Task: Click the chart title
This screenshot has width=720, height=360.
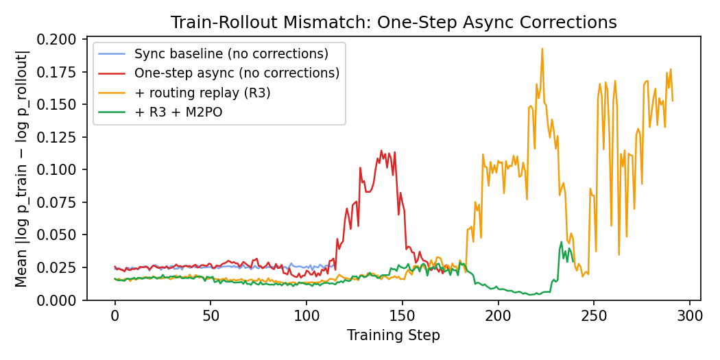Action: (x=394, y=23)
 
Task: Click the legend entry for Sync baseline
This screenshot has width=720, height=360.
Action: (x=230, y=53)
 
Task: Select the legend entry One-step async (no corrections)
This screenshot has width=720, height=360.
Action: (x=237, y=72)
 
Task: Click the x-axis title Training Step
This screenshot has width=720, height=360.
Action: (x=394, y=335)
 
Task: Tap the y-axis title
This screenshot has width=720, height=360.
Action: (x=23, y=169)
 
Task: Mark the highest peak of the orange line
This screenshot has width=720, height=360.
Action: (x=542, y=49)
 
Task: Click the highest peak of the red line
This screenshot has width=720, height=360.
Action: (x=381, y=151)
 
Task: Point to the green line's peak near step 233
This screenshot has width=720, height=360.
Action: (x=562, y=241)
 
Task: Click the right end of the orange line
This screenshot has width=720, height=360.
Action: (x=672, y=101)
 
